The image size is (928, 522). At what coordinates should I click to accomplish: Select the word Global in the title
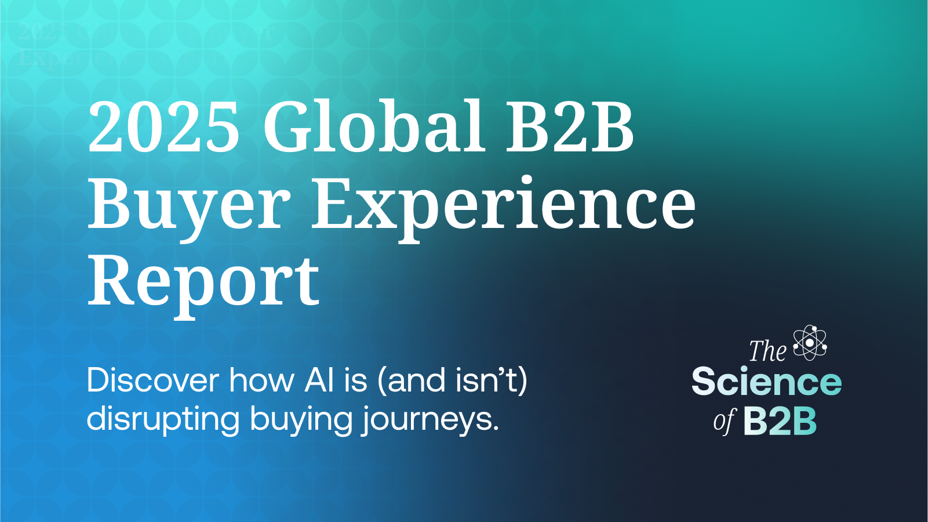point(374,126)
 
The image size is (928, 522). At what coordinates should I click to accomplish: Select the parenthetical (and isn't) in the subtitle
point(452,381)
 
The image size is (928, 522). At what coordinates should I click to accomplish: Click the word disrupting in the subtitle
point(163,419)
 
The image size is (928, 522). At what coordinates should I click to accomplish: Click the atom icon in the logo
point(810,342)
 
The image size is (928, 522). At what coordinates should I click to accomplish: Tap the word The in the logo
point(767,351)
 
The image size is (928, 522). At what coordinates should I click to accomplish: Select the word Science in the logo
point(766,382)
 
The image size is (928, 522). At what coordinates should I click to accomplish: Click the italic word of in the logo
point(725,421)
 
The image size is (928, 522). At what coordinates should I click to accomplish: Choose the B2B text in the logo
point(780,421)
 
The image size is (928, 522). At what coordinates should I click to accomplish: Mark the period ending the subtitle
point(496,430)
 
